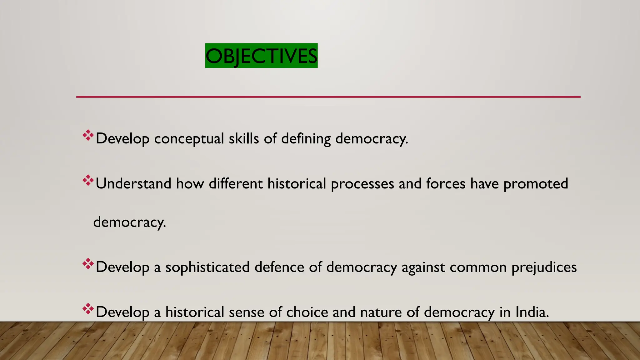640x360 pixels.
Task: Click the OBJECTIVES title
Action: [x=261, y=56]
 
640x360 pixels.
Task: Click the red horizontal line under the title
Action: [x=328, y=97]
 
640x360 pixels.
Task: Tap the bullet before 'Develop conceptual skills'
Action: [x=88, y=135]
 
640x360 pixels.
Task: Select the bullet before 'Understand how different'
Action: [x=88, y=180]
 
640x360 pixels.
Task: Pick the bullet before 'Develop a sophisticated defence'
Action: [x=88, y=264]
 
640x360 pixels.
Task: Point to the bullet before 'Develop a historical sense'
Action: [x=88, y=309]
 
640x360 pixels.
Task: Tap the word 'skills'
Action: [x=244, y=138]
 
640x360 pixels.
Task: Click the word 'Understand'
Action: [x=133, y=183]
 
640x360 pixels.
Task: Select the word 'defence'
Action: [x=279, y=267]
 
